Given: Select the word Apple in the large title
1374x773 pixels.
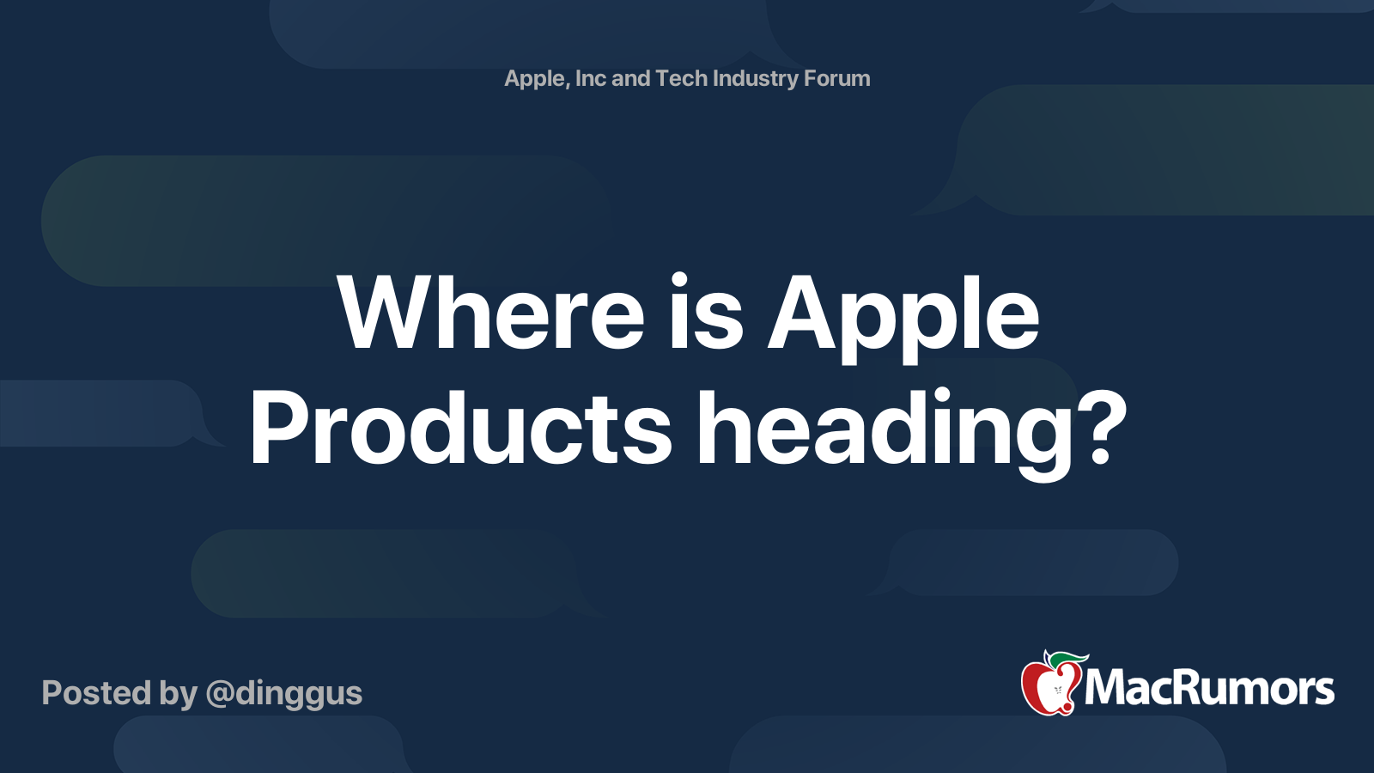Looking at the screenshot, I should [903, 315].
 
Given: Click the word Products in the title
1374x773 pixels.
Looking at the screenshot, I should [460, 429].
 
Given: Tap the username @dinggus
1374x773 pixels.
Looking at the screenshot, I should [284, 693].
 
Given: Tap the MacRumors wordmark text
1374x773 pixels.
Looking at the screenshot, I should [1209, 688].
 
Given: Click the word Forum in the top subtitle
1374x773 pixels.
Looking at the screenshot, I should [836, 78].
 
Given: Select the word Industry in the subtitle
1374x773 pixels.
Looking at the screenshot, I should [755, 79].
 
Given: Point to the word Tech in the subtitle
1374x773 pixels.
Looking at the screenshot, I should [680, 78].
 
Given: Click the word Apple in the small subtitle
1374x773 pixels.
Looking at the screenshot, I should [535, 79].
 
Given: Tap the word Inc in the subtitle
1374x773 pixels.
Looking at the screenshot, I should [590, 78].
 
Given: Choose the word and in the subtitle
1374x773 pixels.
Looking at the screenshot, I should [630, 78].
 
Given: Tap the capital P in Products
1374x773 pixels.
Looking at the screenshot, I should [278, 429].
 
